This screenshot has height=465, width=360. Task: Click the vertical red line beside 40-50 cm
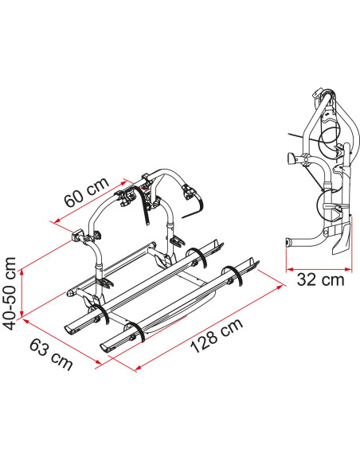coord(25,288)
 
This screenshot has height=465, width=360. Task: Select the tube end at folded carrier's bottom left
coord(288,241)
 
